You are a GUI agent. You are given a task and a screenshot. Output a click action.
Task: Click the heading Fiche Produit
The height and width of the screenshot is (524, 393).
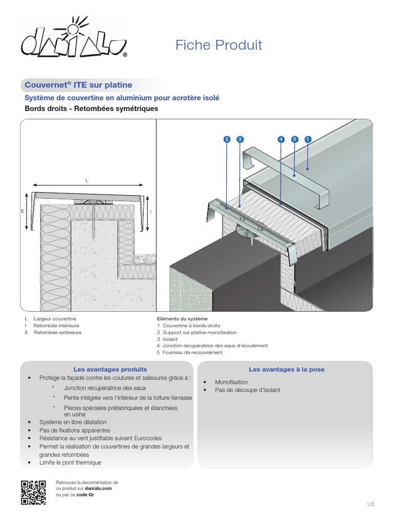click(x=219, y=45)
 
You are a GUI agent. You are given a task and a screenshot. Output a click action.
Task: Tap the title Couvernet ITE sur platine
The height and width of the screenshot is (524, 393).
click(x=78, y=85)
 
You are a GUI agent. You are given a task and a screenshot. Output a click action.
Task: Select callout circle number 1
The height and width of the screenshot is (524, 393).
click(x=308, y=139)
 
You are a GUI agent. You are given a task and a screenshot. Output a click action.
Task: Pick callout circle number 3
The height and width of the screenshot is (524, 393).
click(x=241, y=139)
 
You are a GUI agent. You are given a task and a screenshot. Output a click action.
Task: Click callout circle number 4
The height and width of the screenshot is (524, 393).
click(x=281, y=139)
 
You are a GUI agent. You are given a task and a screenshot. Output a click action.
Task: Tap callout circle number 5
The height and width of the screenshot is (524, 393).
click(x=294, y=139)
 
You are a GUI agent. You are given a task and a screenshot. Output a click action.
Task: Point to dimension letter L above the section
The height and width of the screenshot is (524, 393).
click(x=87, y=180)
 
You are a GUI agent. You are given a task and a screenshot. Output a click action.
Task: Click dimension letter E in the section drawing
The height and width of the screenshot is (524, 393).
click(x=24, y=210)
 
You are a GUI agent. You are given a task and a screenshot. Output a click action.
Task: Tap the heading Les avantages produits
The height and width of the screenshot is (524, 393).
click(x=110, y=369)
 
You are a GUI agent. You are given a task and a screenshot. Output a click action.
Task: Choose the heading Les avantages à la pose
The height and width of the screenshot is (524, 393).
click(x=287, y=369)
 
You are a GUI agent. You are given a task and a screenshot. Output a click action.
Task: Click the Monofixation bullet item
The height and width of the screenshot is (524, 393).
click(x=231, y=382)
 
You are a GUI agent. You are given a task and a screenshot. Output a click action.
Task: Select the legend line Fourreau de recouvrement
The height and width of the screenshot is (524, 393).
click(x=192, y=353)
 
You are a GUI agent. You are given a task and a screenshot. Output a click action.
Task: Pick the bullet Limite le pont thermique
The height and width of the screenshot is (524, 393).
click(x=70, y=462)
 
